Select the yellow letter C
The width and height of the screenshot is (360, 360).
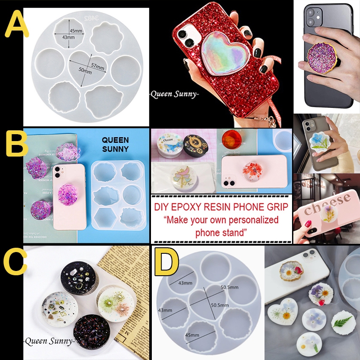click(x=15, y=262)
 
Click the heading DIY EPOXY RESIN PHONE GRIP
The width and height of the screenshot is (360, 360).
click(x=221, y=208)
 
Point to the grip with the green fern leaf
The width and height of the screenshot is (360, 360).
click(x=341, y=321)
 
